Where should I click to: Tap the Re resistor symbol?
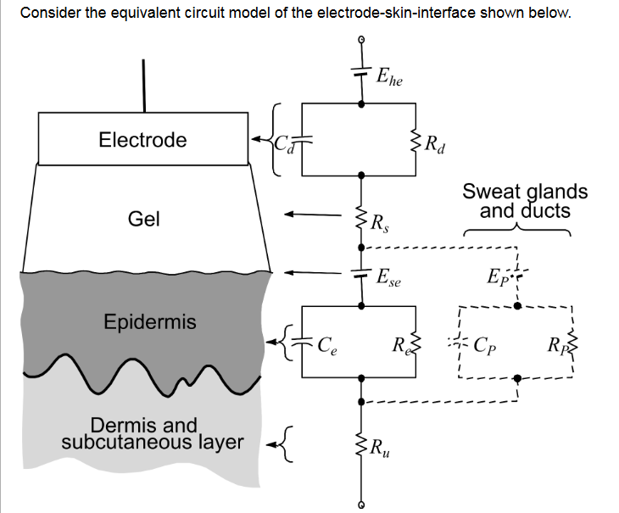coord(415,345)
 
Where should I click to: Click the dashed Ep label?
coord(495,277)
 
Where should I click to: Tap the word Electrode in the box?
coord(142,140)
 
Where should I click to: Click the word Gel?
coord(143,220)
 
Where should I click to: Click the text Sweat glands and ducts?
coord(525,201)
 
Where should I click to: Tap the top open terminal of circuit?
coord(363,40)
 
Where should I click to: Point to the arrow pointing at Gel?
coord(314,215)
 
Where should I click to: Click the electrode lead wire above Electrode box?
coord(143,85)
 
